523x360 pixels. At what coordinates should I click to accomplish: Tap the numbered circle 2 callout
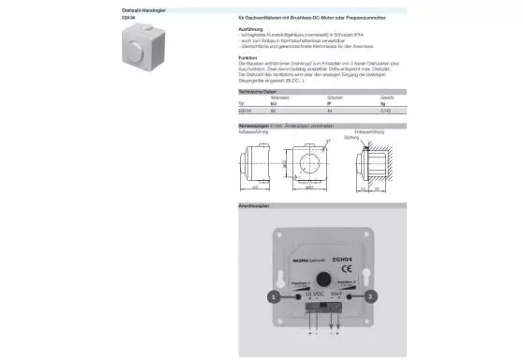(370, 295)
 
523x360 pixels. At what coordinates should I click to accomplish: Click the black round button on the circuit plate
(320, 277)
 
